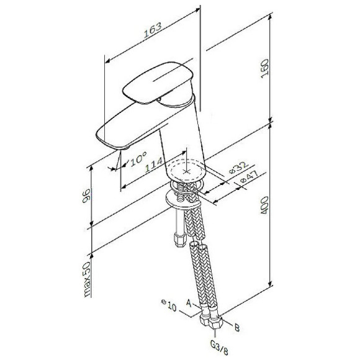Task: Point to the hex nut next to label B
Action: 219,323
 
